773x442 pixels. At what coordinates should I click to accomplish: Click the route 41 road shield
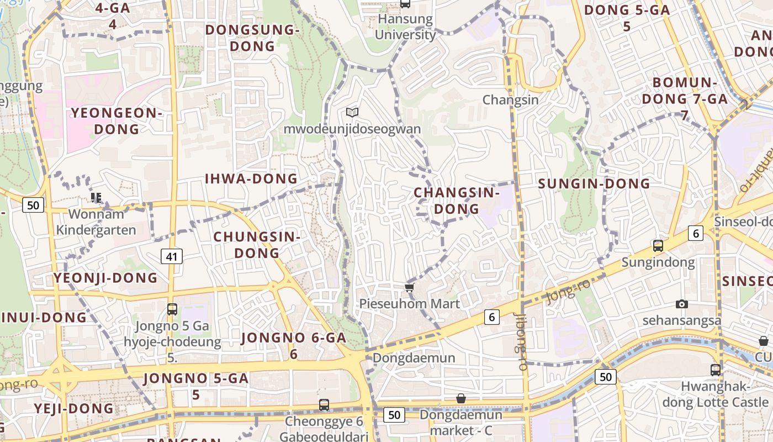(x=172, y=256)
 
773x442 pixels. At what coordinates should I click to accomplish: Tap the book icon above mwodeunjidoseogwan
(x=352, y=113)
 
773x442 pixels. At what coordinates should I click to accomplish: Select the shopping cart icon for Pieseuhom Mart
(x=409, y=287)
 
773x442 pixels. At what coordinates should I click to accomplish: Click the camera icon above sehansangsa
(x=682, y=304)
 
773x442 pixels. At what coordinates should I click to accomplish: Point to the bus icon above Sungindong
(x=658, y=246)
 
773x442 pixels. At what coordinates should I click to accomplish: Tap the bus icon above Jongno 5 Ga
(x=172, y=309)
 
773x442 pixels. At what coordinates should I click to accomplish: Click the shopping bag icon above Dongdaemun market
(x=460, y=398)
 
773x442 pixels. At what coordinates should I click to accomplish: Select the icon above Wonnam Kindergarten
(x=97, y=197)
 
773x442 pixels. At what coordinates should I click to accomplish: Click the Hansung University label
(x=406, y=27)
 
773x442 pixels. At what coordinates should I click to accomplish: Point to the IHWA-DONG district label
(x=251, y=178)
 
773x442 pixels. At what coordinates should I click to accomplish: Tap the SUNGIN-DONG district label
(x=594, y=183)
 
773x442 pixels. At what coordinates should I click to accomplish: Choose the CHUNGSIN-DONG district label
(x=257, y=245)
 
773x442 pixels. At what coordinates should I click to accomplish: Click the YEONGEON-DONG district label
(x=117, y=121)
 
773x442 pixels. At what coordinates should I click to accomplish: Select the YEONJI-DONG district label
(x=105, y=278)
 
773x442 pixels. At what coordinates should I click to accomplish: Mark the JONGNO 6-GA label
(x=294, y=345)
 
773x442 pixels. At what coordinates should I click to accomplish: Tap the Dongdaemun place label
(x=414, y=358)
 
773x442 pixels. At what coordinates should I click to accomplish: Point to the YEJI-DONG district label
(x=74, y=409)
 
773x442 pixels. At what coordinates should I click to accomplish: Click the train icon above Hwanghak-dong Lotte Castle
(x=716, y=370)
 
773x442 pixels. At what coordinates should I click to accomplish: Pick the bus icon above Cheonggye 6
(x=324, y=405)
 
